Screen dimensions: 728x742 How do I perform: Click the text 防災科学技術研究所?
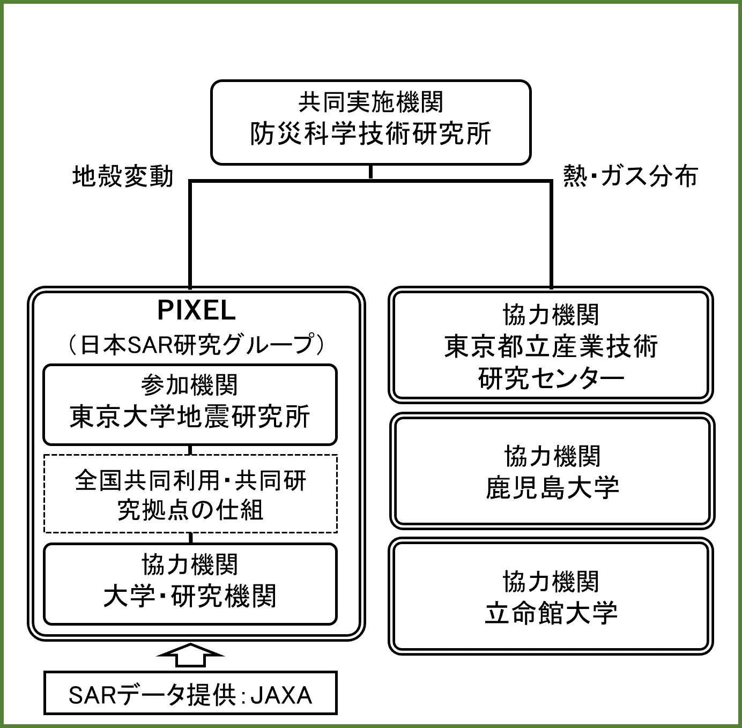tap(370, 134)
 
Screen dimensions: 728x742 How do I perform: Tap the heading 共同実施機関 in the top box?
tap(370, 102)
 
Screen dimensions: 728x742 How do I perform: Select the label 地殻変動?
tap(123, 176)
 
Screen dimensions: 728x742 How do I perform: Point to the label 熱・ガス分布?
tap(630, 176)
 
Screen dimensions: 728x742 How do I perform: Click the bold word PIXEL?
tap(196, 310)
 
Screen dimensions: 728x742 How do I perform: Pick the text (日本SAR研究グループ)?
tap(196, 344)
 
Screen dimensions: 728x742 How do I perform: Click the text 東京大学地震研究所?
tap(190, 417)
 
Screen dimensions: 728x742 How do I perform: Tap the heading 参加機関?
tap(190, 385)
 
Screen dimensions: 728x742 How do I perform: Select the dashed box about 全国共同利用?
tap(190, 494)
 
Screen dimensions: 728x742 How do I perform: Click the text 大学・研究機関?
tap(190, 596)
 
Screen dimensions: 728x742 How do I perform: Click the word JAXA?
tap(281, 695)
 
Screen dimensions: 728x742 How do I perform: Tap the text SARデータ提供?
tap(153, 695)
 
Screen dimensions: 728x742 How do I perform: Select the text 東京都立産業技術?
tap(551, 346)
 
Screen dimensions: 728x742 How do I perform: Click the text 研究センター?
tap(551, 378)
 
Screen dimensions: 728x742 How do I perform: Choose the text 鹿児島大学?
tap(552, 488)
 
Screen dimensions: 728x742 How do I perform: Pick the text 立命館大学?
tap(551, 613)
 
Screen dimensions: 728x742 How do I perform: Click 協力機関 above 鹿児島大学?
tap(552, 456)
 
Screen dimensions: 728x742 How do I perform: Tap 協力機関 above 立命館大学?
tap(551, 582)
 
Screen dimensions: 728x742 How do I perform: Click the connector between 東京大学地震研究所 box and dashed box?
tap(190, 450)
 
